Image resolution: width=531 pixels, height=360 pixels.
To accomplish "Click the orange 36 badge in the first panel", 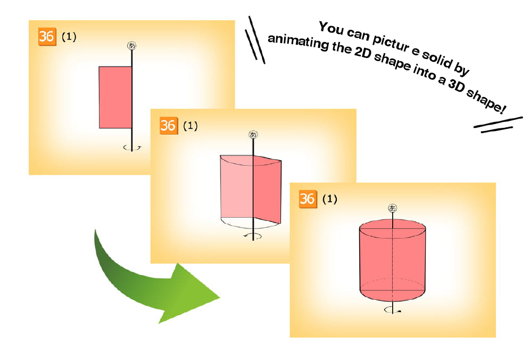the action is pos(47,36).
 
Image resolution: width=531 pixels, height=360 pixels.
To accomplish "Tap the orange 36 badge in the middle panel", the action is pos(169,126).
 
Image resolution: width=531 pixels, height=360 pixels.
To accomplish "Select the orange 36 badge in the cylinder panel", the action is pos(308,199).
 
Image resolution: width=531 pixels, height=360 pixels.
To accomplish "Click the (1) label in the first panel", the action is pos(69,37).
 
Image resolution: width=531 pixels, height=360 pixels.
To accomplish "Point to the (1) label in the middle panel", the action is pos(190,126).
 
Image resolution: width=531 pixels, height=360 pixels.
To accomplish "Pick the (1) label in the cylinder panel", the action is pos(329,199).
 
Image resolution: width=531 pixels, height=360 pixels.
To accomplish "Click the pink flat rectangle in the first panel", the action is pos(115,97).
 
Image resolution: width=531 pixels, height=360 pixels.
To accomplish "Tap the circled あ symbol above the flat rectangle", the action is pos(132,45).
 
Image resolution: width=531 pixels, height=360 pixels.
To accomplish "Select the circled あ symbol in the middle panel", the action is pos(253,135).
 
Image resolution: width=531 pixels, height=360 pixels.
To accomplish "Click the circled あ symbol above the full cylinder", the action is pos(392,208).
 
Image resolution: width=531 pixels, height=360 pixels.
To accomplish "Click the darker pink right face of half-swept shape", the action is pos(268,190).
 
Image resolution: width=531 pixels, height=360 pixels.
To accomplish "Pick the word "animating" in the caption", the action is pos(298,43).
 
